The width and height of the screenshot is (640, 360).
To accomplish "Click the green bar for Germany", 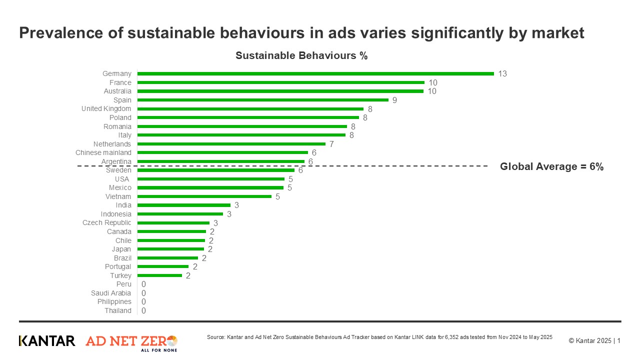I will [315, 73].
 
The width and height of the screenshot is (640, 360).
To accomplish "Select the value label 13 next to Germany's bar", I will [502, 74].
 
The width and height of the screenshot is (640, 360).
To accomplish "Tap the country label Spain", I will [122, 100].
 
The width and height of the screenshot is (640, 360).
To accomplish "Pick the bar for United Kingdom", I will [250, 109].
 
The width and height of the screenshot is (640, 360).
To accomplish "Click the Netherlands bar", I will [231, 144].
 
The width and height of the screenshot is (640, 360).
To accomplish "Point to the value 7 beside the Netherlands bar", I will [331, 144].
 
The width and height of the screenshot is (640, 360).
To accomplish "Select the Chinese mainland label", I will [103, 152].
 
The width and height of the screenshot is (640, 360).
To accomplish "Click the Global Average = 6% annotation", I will [551, 167].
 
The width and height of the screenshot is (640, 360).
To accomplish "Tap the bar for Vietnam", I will [204, 196].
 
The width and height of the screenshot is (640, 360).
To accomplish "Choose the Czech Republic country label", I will [107, 222].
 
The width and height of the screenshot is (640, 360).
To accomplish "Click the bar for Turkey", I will [159, 275].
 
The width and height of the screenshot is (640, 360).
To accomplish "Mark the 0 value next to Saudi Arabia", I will [143, 293].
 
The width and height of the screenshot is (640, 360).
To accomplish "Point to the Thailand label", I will [118, 310].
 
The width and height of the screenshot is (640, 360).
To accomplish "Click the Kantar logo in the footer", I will [47, 341].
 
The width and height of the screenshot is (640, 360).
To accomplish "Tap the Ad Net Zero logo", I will [131, 342].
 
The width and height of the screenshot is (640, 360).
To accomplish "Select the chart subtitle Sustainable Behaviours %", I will [301, 55].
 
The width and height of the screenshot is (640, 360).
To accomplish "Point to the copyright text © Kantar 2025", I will [590, 341].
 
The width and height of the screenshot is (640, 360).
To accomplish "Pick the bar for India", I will [183, 205].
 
